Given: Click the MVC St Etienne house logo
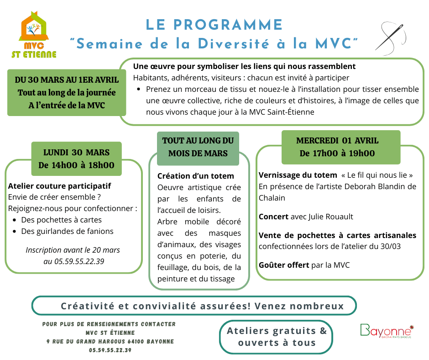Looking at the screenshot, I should (x=34, y=36).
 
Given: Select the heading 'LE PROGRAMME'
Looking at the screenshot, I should (x=214, y=25).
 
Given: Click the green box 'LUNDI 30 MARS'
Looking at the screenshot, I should (x=76, y=159).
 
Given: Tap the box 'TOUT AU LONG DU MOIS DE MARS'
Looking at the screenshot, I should (x=198, y=147).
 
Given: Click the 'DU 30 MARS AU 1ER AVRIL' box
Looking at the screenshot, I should (x=67, y=93).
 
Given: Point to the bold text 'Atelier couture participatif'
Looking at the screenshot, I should (x=60, y=186).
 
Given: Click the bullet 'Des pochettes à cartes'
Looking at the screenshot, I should (x=61, y=220).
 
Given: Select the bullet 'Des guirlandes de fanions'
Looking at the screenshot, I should (x=67, y=231).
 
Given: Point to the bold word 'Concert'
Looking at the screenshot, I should (x=273, y=217).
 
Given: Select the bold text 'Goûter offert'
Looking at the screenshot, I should (x=283, y=265).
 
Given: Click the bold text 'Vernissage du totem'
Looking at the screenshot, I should (x=297, y=175).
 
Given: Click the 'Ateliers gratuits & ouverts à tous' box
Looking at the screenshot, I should (x=277, y=337).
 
